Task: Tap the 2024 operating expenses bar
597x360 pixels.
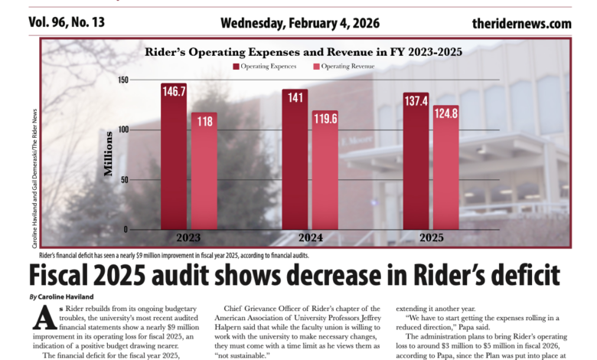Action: pyautogui.click(x=295, y=159)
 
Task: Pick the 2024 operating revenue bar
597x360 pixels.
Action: pyautogui.click(x=325, y=170)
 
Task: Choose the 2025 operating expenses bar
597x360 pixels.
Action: pyautogui.click(x=416, y=162)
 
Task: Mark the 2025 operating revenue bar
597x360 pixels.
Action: pyautogui.click(x=445, y=168)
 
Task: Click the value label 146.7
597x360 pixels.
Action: pyautogui.click(x=174, y=91)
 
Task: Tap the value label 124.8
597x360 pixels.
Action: pyautogui.click(x=445, y=113)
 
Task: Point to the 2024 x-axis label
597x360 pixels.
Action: pyautogui.click(x=308, y=237)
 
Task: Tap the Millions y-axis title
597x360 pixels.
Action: pyautogui.click(x=108, y=159)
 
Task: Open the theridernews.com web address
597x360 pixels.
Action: pyautogui.click(x=522, y=23)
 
